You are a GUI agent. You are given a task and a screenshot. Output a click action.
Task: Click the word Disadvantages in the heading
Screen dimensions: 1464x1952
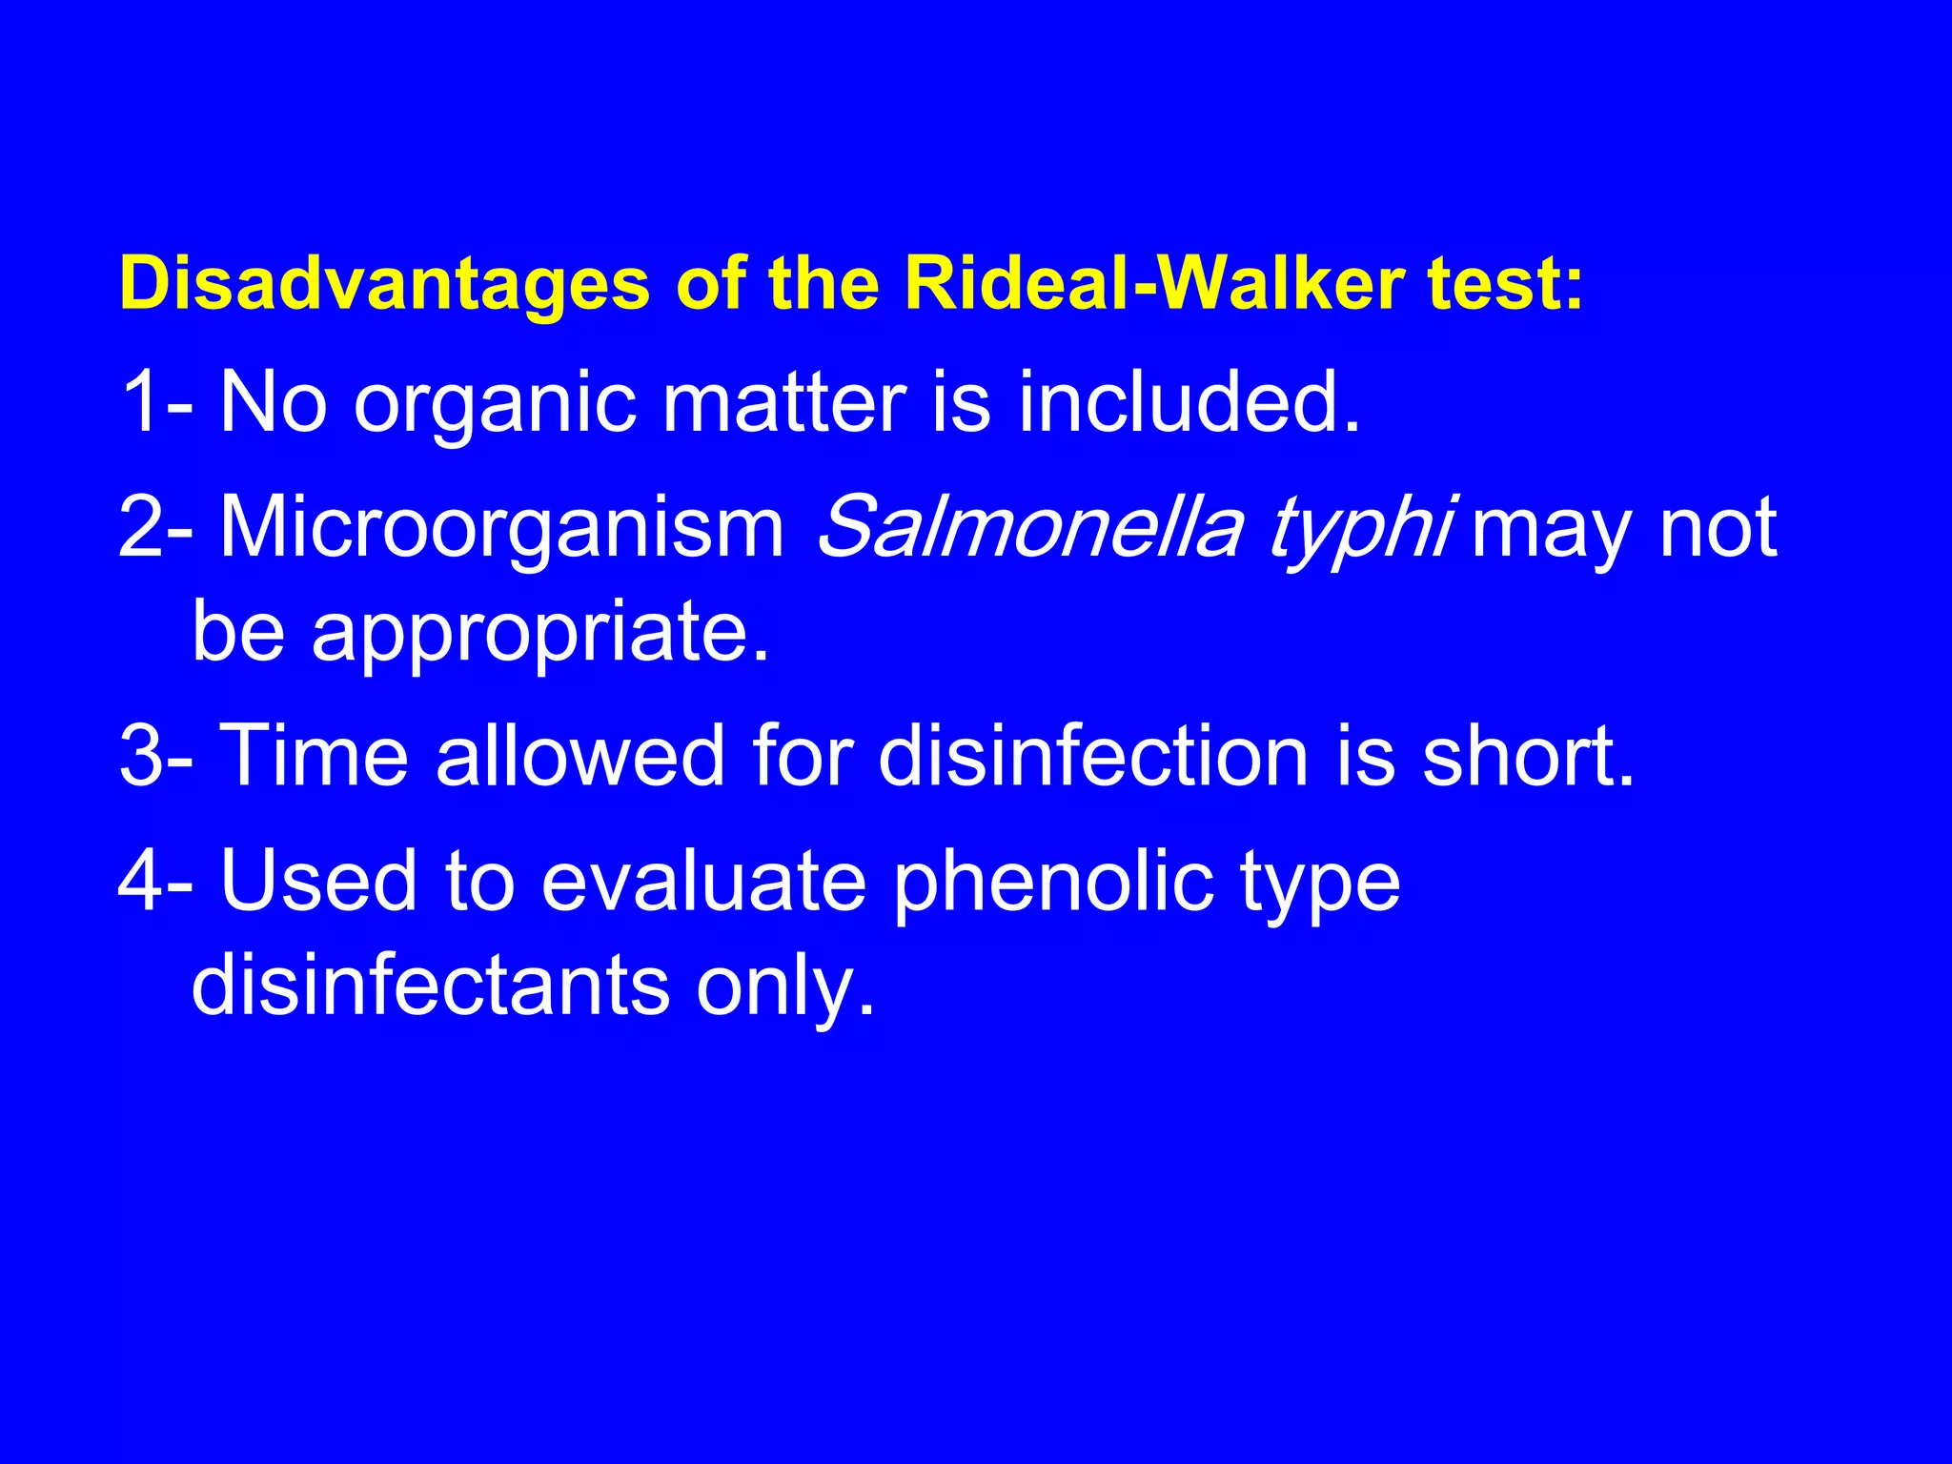(x=384, y=284)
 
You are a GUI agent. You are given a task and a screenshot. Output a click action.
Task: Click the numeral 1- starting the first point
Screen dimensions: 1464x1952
(x=154, y=402)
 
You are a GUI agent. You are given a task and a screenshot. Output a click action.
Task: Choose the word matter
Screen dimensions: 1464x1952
(x=783, y=402)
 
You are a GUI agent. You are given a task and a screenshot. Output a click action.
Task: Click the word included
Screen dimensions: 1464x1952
(x=1189, y=402)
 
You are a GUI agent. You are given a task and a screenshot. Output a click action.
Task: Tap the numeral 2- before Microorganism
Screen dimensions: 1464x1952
(x=154, y=527)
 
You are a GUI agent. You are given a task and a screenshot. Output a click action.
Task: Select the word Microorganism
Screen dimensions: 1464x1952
(x=502, y=527)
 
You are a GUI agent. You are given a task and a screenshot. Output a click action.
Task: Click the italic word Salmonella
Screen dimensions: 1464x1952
(x=1029, y=527)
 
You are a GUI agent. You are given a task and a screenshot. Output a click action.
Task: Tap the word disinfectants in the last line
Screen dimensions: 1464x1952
(x=431, y=985)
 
